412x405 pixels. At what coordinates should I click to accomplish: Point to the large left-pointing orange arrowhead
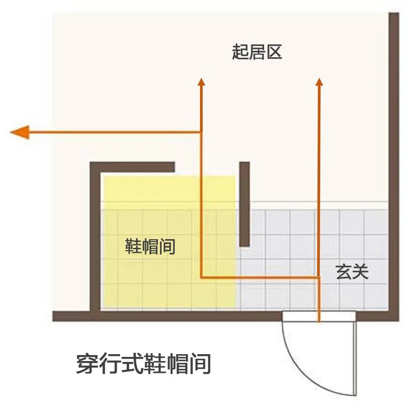[20, 132]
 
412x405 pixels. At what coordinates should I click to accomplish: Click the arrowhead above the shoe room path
[201, 82]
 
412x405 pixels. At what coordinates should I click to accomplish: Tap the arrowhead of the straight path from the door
[320, 82]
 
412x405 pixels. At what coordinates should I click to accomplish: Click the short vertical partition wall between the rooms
[244, 204]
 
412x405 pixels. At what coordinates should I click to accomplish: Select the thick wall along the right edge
[393, 165]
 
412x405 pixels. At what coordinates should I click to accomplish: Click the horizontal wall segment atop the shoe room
[133, 167]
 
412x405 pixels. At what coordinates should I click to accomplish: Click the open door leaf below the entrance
[354, 357]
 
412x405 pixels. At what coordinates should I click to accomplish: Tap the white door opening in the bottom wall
[319, 316]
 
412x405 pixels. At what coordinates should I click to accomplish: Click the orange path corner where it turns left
[201, 133]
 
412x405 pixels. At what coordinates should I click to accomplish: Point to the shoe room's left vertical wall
[95, 238]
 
